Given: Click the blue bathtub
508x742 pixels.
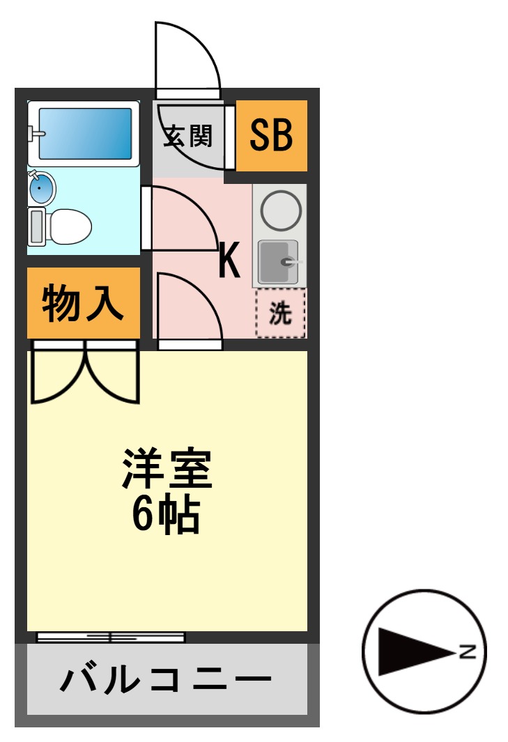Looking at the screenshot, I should coord(85,132).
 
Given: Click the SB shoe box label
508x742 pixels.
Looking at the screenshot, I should coord(271,135).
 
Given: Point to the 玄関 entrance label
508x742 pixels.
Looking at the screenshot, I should coord(187,136).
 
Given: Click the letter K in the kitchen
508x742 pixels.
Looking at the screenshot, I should coord(229,260).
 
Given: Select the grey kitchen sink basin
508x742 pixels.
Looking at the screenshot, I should coord(278,261).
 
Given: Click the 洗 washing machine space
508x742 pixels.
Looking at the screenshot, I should coord(280,314).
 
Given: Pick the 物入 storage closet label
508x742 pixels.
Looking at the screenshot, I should coord(83,304).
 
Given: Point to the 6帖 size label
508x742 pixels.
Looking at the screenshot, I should coord(167,514).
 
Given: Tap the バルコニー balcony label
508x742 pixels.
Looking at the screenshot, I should coord(166,679).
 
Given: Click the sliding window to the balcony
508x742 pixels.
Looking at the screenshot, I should coord(111,637).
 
